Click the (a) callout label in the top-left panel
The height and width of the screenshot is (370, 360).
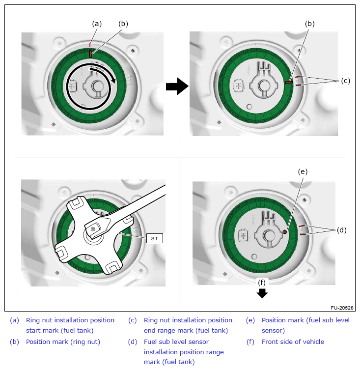click(97, 23)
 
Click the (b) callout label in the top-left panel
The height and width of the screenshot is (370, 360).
click(123, 23)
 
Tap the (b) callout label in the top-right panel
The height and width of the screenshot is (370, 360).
click(309, 23)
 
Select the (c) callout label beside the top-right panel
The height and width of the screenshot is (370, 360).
click(345, 81)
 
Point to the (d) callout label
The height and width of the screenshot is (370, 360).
click(342, 229)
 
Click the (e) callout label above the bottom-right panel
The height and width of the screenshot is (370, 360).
click(303, 171)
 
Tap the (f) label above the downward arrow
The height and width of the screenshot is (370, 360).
click(262, 282)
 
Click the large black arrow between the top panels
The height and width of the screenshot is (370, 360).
click(177, 87)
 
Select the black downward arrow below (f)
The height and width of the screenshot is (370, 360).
click(262, 293)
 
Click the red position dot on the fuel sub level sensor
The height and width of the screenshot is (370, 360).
click(284, 231)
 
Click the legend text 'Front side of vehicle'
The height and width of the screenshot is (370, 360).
click(293, 342)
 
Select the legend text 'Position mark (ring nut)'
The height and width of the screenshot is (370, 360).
click(60, 342)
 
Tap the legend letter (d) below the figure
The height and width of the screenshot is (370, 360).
click(132, 342)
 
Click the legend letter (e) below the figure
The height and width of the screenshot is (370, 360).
click(250, 320)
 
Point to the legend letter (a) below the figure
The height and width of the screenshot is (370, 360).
click(14, 320)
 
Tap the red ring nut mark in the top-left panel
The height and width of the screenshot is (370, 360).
click(91, 54)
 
